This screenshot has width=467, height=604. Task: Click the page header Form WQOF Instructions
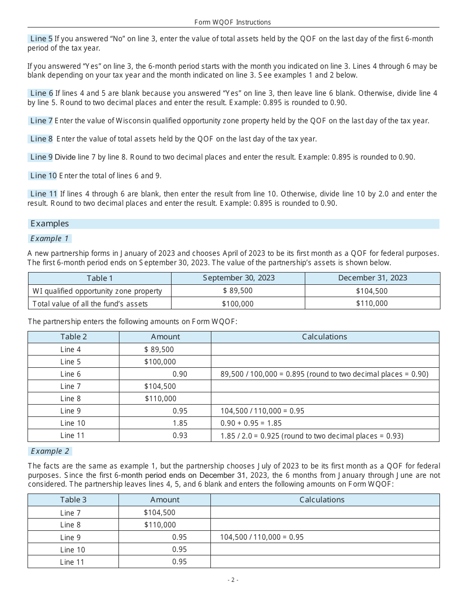pyautogui.click(x=233, y=22)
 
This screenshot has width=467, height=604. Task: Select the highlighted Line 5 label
pyautogui.click(x=41, y=38)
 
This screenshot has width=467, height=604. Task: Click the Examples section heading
pyautogui.click(x=50, y=223)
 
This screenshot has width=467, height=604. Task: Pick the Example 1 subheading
pyautogui.click(x=50, y=239)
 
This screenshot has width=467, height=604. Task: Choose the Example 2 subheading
pyautogui.click(x=50, y=451)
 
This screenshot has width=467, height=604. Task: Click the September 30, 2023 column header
pyautogui.click(x=238, y=278)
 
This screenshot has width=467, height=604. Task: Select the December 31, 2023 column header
pyautogui.click(x=372, y=278)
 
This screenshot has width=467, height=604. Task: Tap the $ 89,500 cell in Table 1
pyautogui.click(x=237, y=291)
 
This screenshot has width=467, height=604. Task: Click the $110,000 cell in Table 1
pyautogui.click(x=372, y=303)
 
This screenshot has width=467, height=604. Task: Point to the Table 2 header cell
pyautogui.click(x=73, y=337)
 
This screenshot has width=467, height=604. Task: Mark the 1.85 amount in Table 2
pyautogui.click(x=180, y=423)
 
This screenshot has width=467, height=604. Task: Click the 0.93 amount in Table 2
pyautogui.click(x=180, y=436)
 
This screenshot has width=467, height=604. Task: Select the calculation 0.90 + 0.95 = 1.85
pyautogui.click(x=251, y=423)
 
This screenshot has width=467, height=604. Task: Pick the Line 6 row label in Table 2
pyautogui.click(x=70, y=374)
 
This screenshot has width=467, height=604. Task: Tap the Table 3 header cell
pyautogui.click(x=73, y=500)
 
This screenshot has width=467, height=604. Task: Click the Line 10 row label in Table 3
pyautogui.click(x=72, y=550)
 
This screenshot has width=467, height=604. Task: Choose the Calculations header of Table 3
pyautogui.click(x=322, y=500)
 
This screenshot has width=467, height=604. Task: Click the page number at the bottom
pyautogui.click(x=233, y=580)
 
